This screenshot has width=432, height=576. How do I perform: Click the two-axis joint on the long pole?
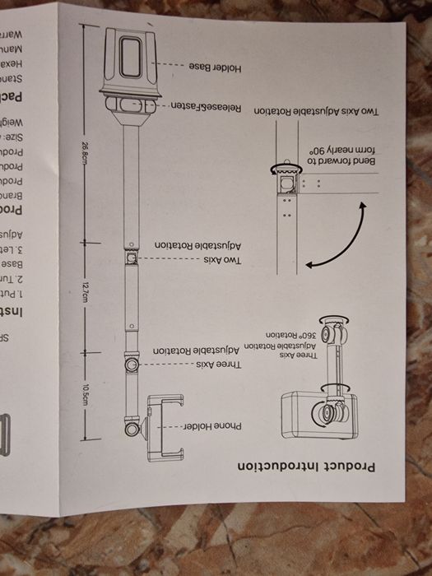[x=130, y=258]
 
